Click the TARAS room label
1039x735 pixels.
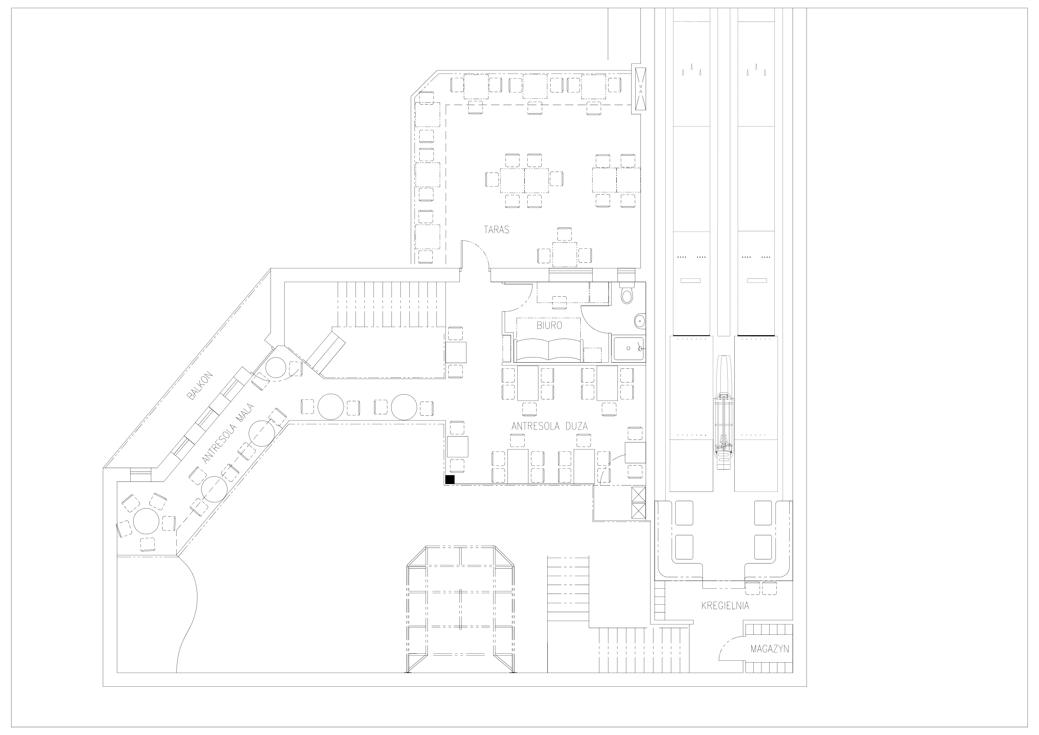(496, 229)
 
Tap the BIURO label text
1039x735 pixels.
(549, 325)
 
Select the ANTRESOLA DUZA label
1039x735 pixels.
(549, 426)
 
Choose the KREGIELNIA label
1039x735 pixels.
(725, 605)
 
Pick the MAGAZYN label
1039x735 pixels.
(770, 649)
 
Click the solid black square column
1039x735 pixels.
(450, 480)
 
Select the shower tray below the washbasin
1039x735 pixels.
(628, 348)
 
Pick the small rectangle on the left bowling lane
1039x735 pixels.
(691, 281)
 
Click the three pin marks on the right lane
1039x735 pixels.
(756, 69)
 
